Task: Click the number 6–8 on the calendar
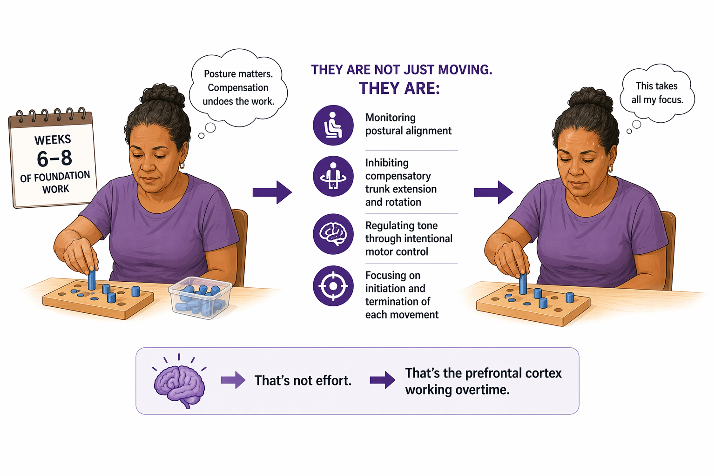(x=54, y=159)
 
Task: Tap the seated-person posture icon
(x=333, y=125)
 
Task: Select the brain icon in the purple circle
(x=333, y=234)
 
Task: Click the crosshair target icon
(x=333, y=286)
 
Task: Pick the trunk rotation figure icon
(x=333, y=176)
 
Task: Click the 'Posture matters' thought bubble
(x=238, y=87)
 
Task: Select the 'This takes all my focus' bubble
(x=657, y=93)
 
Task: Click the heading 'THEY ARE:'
(x=399, y=88)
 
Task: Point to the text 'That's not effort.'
(x=303, y=381)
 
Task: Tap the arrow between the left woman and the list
(x=272, y=192)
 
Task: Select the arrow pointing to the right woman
(x=493, y=192)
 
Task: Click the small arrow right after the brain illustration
(x=233, y=380)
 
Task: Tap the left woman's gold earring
(x=182, y=165)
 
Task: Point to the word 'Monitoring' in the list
(x=390, y=118)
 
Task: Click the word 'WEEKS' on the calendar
(x=53, y=139)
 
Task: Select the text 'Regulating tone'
(x=401, y=225)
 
